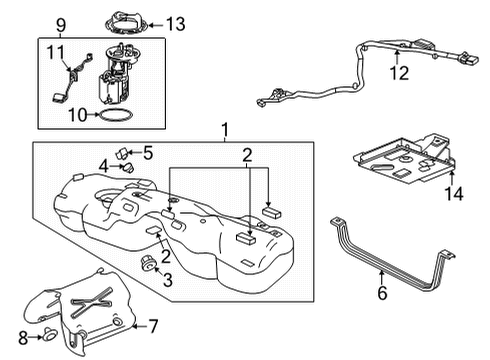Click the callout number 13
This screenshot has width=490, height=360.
(x=175, y=23)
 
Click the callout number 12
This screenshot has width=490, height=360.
(x=399, y=72)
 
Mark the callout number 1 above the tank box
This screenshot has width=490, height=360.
(x=225, y=129)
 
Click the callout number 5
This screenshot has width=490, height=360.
(x=147, y=153)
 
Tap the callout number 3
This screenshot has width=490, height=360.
(x=168, y=281)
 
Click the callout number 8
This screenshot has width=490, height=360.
(x=22, y=336)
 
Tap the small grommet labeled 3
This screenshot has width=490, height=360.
(x=147, y=262)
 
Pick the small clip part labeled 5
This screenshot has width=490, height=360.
(x=124, y=154)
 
